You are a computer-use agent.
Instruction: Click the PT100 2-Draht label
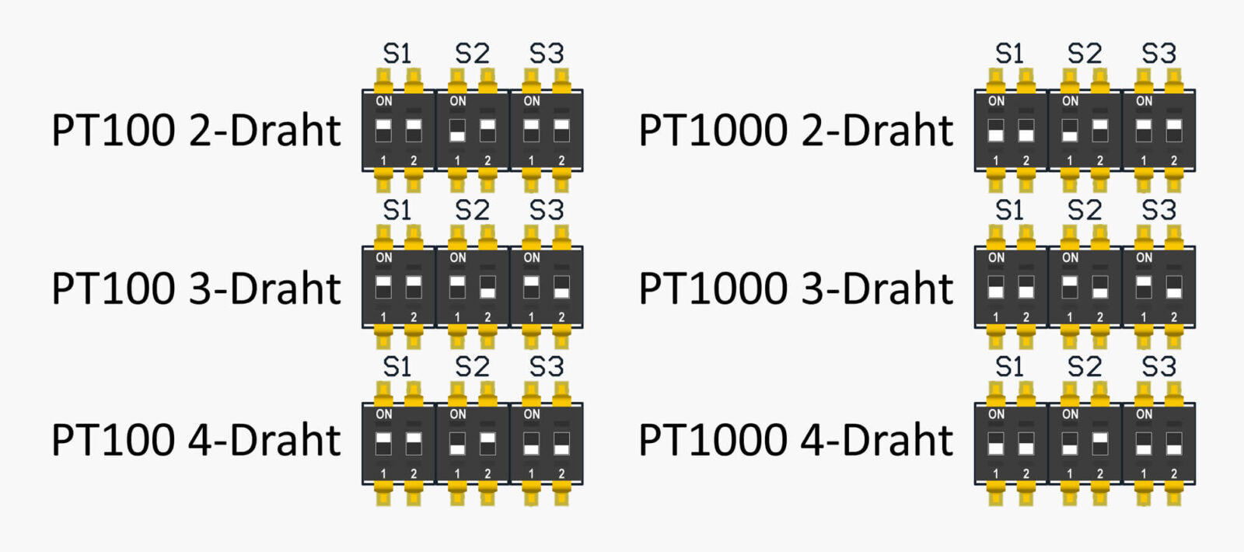click(196, 130)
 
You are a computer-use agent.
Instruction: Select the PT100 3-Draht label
click(196, 288)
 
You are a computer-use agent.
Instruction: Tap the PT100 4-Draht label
click(196, 440)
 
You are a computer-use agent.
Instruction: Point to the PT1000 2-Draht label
click(795, 130)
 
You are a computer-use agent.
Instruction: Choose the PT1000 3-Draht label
click(795, 288)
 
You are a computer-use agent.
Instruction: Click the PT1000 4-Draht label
click(795, 440)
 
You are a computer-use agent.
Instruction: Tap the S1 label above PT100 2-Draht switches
click(397, 54)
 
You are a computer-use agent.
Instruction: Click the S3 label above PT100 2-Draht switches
click(546, 54)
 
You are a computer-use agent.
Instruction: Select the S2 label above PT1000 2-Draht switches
click(1084, 54)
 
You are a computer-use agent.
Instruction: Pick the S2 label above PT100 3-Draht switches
click(472, 210)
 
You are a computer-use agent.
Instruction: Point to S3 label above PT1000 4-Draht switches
click(1158, 366)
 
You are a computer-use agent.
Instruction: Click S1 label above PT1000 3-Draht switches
click(1010, 210)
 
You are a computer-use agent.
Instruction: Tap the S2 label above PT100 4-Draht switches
click(472, 366)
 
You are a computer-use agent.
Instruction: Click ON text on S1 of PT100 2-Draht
click(384, 101)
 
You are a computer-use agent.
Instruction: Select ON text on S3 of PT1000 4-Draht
click(1144, 414)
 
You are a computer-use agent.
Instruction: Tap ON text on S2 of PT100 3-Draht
click(458, 257)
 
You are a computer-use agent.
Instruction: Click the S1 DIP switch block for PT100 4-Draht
click(399, 444)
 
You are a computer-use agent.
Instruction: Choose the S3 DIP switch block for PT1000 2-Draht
click(1158, 131)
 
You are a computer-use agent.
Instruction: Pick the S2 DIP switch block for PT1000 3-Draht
click(1085, 287)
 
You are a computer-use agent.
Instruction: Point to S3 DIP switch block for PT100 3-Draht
click(547, 287)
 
